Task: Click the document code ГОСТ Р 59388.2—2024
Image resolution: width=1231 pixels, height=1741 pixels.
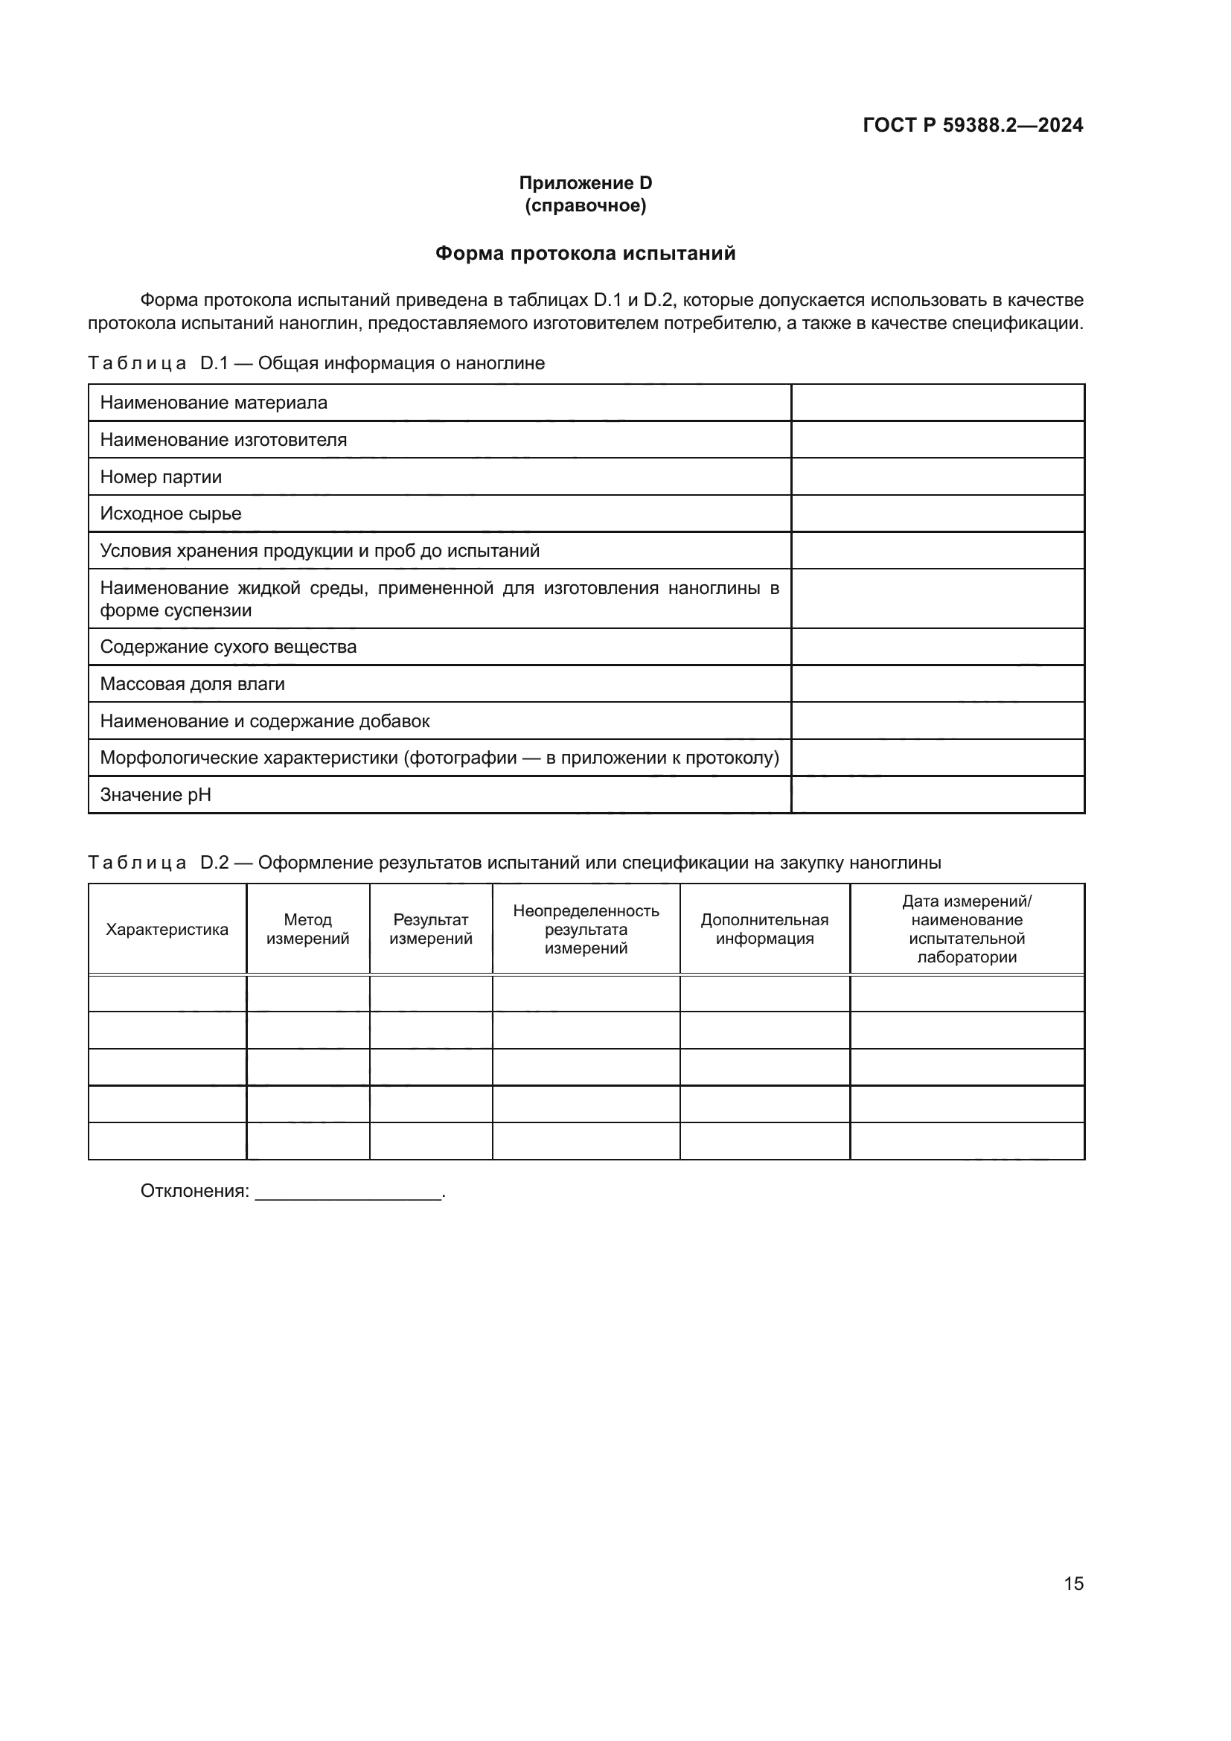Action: coord(973,125)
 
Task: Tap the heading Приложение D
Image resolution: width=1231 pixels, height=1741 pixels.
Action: coord(585,183)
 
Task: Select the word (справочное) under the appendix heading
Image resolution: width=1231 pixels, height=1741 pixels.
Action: coord(585,205)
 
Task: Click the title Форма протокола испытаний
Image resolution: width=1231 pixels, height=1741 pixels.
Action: coord(585,253)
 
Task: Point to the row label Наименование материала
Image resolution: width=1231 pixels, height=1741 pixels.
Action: coord(214,403)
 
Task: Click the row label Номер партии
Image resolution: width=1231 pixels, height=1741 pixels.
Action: coord(161,477)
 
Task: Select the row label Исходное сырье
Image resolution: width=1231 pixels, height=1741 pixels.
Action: coord(170,514)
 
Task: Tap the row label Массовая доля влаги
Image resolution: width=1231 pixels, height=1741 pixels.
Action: coord(193,684)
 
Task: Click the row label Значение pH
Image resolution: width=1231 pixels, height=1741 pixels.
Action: coord(156,795)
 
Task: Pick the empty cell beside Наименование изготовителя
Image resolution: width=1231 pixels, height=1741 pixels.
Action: coord(938,440)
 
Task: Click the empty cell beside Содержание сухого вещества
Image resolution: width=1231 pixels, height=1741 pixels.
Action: coord(938,647)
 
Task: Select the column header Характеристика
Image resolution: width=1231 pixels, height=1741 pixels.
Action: coord(167,930)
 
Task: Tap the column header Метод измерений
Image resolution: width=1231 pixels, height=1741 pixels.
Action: coord(308,930)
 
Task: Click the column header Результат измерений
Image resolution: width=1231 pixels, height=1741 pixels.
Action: coord(430,930)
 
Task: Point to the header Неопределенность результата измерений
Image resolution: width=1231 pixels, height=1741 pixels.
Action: coord(586,930)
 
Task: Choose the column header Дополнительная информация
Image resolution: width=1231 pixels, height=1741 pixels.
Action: coord(764,930)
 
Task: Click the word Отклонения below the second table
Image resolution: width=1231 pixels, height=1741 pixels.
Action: coord(194,1191)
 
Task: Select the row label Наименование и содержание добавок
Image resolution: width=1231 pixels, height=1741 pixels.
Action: coord(264,721)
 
